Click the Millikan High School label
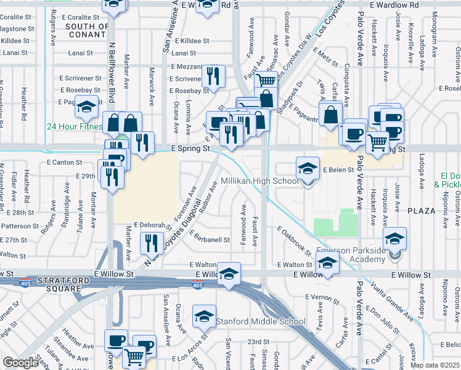click(259, 181)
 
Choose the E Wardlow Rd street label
click(396, 5)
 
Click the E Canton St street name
click(64, 163)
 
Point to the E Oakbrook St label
click(295, 241)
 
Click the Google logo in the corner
click(21, 362)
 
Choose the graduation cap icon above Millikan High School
click(307, 168)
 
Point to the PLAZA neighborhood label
click(426, 210)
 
